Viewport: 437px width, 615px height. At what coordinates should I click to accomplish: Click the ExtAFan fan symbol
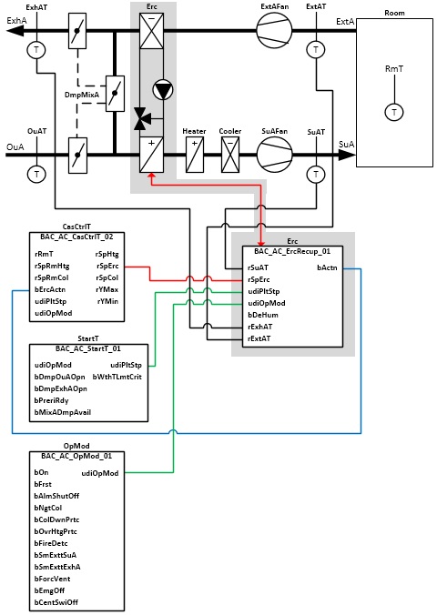coord(274,30)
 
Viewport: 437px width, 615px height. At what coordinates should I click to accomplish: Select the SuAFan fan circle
coord(274,155)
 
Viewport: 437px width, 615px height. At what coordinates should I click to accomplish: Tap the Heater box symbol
coord(194,155)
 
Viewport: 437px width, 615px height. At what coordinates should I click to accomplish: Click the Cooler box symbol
coord(230,155)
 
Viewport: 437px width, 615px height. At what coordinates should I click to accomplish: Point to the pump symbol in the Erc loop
coord(163,90)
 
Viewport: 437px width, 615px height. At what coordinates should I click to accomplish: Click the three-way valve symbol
coord(140,118)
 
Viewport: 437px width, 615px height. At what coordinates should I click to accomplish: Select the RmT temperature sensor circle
coord(394,112)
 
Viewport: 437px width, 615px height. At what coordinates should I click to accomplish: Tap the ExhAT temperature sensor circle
coord(36,50)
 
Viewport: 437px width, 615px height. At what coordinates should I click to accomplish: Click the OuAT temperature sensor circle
coord(36,174)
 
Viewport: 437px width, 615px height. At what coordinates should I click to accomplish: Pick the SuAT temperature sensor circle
coord(316,174)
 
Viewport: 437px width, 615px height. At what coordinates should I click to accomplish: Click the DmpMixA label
coord(82,95)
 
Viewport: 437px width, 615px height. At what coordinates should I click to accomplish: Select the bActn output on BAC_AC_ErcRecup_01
coord(327,267)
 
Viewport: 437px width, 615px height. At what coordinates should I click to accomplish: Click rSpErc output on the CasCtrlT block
coord(107,266)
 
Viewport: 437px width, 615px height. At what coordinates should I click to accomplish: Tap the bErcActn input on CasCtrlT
coord(50,289)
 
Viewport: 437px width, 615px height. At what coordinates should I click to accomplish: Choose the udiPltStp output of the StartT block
coord(126,365)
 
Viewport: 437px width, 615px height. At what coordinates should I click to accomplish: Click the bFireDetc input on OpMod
coord(51,543)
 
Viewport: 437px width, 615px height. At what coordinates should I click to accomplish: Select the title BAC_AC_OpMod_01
coord(76,456)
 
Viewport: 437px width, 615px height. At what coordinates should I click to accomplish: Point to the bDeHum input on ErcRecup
coord(263,315)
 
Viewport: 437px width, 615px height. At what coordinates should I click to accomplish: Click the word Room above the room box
coord(394,13)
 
